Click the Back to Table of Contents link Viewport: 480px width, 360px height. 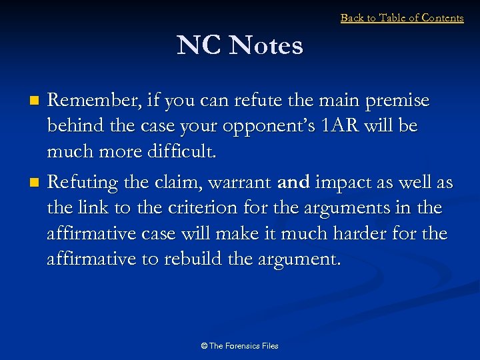point(401,18)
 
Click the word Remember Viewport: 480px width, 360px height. point(89,101)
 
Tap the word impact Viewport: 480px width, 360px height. point(338,181)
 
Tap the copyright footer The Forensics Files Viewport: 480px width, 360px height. point(239,345)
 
